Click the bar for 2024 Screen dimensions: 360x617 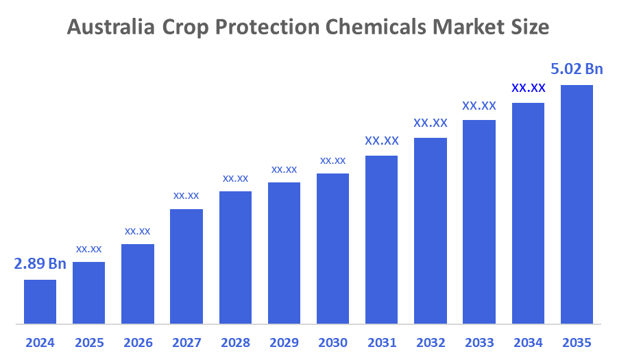click(x=40, y=301)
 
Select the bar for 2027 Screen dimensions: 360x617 click(x=186, y=266)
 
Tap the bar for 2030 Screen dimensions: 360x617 click(x=332, y=248)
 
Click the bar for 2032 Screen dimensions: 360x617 click(x=431, y=230)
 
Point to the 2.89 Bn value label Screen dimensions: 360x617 click(x=40, y=264)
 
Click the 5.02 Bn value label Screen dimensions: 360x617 click(x=577, y=69)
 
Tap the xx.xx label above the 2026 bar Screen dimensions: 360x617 click(x=137, y=231)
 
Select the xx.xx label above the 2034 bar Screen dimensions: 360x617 click(x=528, y=88)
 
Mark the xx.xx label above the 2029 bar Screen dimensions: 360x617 click(x=284, y=169)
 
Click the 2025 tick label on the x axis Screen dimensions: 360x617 click(x=88, y=342)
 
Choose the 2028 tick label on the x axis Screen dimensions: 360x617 click(x=235, y=342)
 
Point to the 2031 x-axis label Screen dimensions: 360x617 click(x=381, y=342)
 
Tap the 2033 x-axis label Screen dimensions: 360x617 click(x=479, y=342)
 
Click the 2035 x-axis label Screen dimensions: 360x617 click(x=577, y=342)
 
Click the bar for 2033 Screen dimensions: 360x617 click(x=479, y=221)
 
